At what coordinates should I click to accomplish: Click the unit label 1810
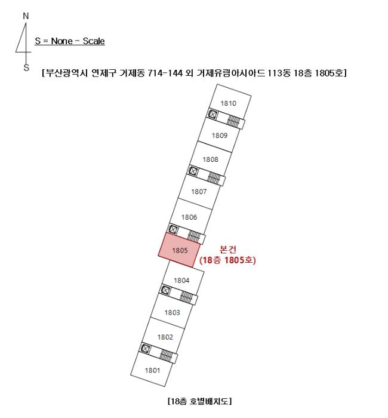(x=229, y=103)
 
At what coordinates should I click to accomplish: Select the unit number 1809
(x=220, y=136)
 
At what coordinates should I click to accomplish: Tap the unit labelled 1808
(x=211, y=159)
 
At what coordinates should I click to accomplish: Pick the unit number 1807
(x=199, y=192)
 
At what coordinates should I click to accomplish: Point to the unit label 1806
(x=189, y=217)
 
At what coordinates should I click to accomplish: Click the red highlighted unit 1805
(x=179, y=250)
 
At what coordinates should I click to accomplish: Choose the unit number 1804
(x=181, y=281)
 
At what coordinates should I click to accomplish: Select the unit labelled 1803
(x=172, y=312)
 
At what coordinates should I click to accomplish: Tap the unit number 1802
(x=165, y=337)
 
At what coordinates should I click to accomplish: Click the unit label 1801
(x=152, y=370)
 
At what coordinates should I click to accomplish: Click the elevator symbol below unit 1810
(x=213, y=115)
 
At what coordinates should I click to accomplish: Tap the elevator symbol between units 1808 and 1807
(x=193, y=171)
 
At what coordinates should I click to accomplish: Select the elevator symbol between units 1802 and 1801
(x=146, y=348)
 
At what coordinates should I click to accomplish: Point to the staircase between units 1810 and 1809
(x=234, y=121)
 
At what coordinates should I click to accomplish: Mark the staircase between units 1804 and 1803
(x=186, y=297)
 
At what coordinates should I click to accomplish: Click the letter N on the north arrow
(x=26, y=16)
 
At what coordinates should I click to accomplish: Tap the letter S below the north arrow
(x=26, y=67)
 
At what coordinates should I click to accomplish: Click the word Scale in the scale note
(x=94, y=41)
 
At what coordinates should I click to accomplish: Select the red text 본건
(x=228, y=250)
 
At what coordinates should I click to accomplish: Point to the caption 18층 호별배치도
(x=200, y=401)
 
